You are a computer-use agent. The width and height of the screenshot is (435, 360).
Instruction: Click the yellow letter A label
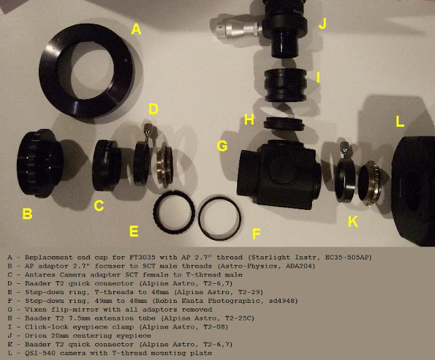tap(136, 29)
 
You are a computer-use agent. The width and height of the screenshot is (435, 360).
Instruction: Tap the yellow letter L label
tap(400, 122)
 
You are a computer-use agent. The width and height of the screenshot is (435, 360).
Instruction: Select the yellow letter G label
tap(222, 146)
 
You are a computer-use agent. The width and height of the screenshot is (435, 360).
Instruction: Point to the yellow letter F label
tap(256, 234)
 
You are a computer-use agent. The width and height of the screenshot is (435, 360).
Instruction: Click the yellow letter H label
tap(249, 120)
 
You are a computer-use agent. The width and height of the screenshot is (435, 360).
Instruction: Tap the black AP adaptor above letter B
tap(39, 164)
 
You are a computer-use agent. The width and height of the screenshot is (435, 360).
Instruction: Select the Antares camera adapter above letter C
tap(107, 166)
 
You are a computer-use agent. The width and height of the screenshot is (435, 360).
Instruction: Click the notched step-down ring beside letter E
tap(174, 213)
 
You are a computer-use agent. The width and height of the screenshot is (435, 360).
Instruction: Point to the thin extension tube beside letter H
tap(284, 123)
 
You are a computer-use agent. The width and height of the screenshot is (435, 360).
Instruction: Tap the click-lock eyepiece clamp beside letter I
tap(285, 85)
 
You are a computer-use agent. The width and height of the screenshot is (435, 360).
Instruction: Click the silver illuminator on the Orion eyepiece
tap(236, 28)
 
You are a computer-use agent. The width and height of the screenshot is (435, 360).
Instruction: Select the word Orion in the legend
tap(36, 336)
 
